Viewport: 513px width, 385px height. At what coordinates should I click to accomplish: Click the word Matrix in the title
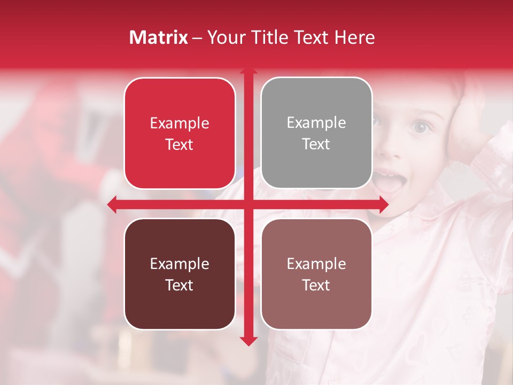(x=158, y=37)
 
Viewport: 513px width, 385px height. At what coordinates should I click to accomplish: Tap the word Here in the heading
(x=354, y=37)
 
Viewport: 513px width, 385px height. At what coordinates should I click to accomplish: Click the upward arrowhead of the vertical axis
(x=248, y=71)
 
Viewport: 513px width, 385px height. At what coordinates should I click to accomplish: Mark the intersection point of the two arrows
(x=248, y=204)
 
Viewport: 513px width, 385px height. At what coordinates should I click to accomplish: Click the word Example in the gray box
(x=316, y=122)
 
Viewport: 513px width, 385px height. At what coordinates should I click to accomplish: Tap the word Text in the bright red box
(x=180, y=145)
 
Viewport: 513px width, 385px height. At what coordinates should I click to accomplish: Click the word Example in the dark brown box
(x=180, y=264)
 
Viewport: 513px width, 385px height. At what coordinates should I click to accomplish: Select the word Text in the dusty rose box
(x=316, y=286)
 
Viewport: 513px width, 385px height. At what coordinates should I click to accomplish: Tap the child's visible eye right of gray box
(x=422, y=127)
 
